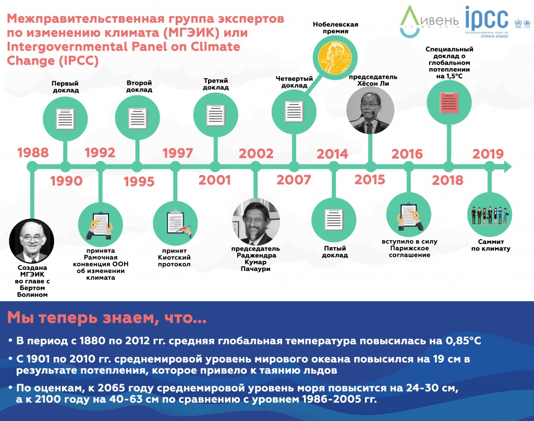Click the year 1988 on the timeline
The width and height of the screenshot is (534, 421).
[x=33, y=153]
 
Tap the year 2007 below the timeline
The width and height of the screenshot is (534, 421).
[x=294, y=180]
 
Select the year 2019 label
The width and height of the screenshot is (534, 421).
[x=488, y=154]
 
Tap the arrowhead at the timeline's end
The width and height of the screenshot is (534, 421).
[x=507, y=167]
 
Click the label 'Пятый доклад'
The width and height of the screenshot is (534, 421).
[x=334, y=252]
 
